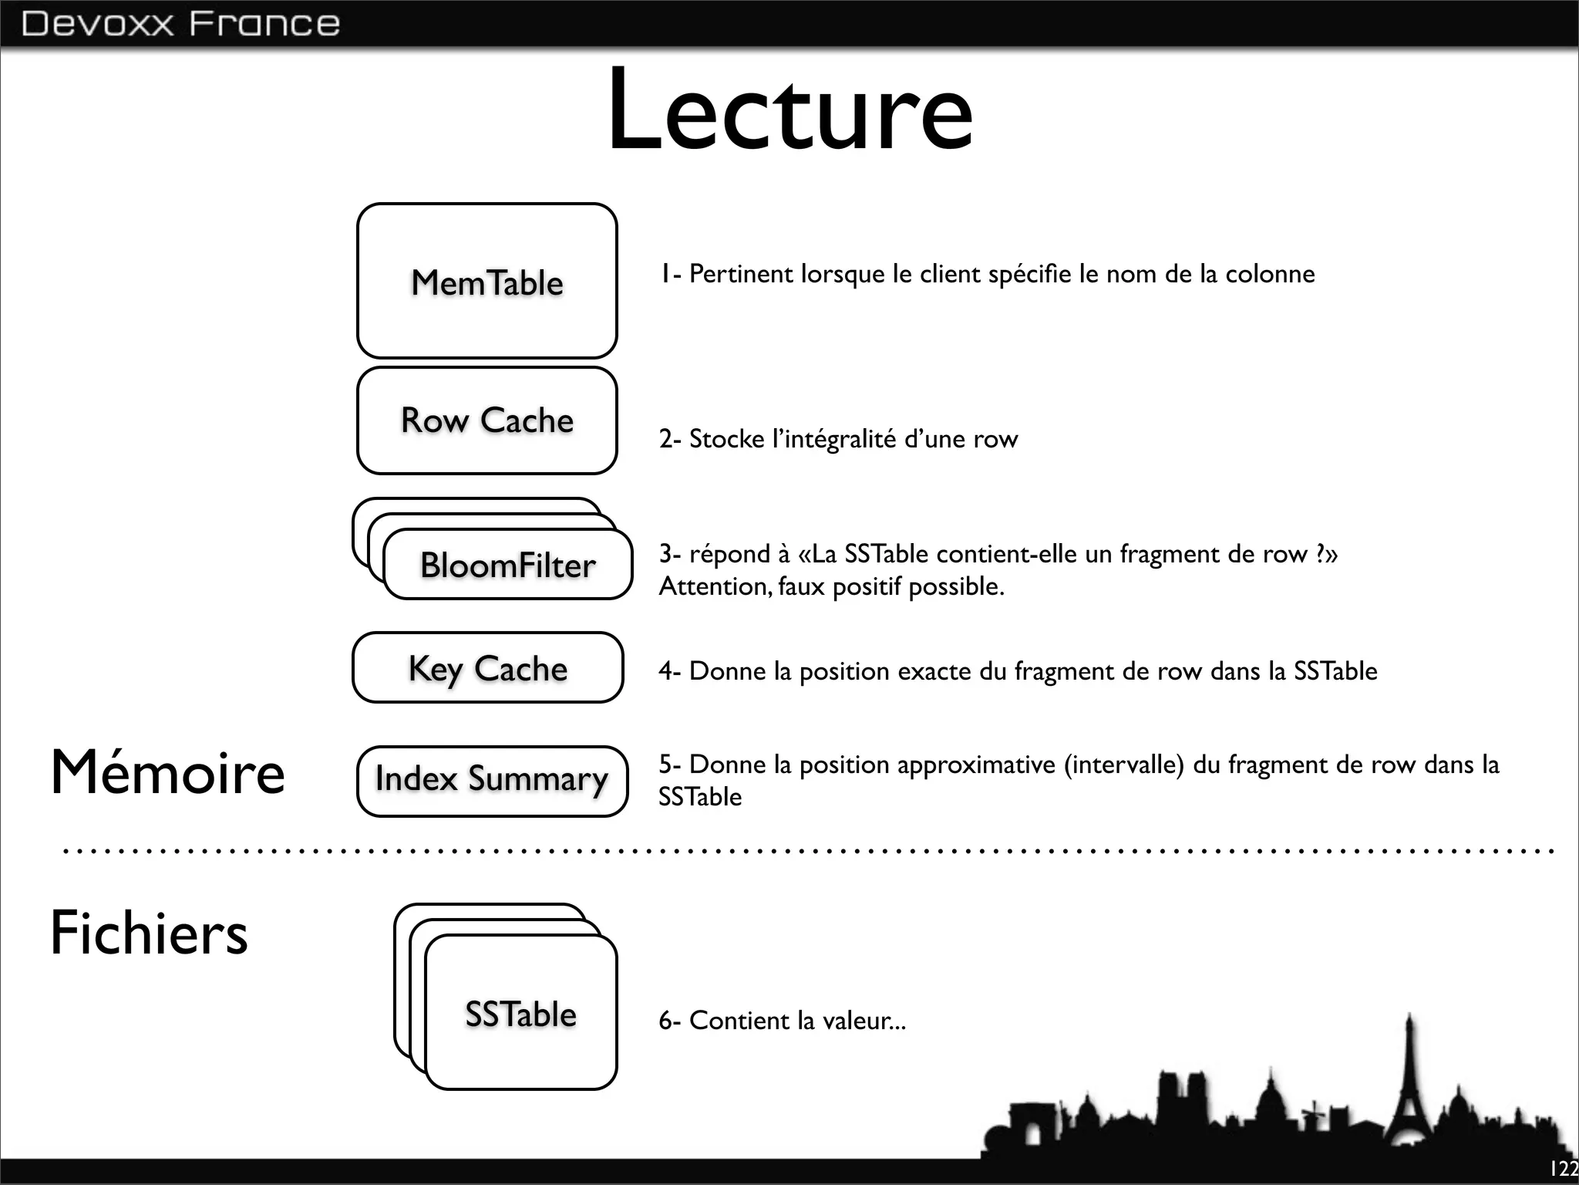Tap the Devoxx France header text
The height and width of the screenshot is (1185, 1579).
tap(180, 24)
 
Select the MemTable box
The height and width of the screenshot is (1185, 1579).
tap(486, 282)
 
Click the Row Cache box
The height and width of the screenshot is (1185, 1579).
tap(486, 420)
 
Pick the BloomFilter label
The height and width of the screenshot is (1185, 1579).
tap(507, 565)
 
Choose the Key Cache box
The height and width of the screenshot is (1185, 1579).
tap(487, 668)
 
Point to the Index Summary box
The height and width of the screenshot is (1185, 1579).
tap(492, 780)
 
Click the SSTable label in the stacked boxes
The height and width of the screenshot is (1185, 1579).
tap(520, 1014)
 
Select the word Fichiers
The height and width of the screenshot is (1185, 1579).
tap(149, 933)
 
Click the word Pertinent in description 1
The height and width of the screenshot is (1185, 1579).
tap(740, 275)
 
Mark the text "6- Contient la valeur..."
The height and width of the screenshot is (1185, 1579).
tap(782, 1021)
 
